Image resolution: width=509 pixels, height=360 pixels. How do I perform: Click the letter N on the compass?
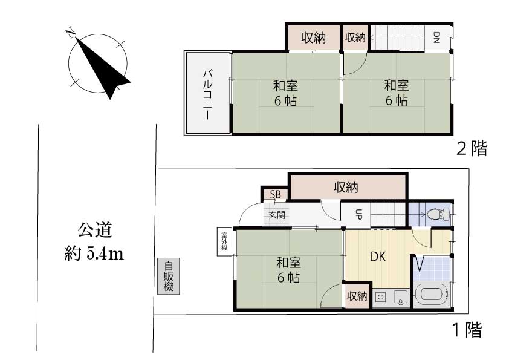(x=70, y=33)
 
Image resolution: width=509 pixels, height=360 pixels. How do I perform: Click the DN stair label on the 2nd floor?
(x=436, y=38)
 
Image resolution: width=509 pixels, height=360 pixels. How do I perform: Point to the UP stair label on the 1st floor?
(x=358, y=214)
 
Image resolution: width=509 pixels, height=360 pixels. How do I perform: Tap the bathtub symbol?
(x=432, y=295)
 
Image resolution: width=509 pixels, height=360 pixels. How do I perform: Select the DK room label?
(x=378, y=257)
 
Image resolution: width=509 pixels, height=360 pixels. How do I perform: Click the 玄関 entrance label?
(x=277, y=215)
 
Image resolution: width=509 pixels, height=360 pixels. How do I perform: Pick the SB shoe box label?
(x=275, y=194)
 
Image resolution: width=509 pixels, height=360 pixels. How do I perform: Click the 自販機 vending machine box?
(x=169, y=277)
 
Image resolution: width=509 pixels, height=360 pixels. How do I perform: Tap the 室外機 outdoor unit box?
(x=224, y=241)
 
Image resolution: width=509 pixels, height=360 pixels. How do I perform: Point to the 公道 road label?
(x=95, y=230)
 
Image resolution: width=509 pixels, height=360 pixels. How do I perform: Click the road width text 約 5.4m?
(x=94, y=254)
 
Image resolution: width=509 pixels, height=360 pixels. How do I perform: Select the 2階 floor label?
(x=472, y=149)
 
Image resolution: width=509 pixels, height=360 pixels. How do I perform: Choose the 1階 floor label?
(x=467, y=330)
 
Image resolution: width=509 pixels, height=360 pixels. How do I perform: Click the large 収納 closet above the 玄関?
(x=348, y=187)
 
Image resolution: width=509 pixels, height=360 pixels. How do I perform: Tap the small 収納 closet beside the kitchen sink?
(x=357, y=296)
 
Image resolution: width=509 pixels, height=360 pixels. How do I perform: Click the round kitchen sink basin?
(x=380, y=296)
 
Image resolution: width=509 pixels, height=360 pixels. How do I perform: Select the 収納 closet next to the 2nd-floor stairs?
(x=355, y=38)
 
